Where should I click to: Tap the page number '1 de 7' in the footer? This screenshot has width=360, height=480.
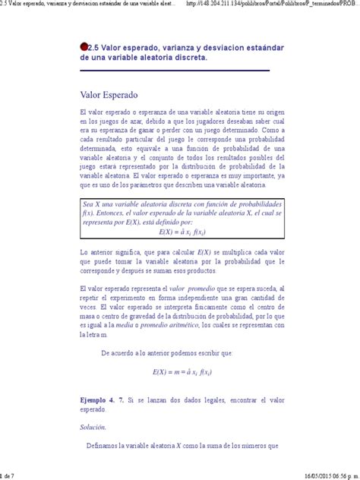click(x=8, y=475)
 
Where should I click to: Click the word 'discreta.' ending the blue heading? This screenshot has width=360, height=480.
click(x=185, y=58)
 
